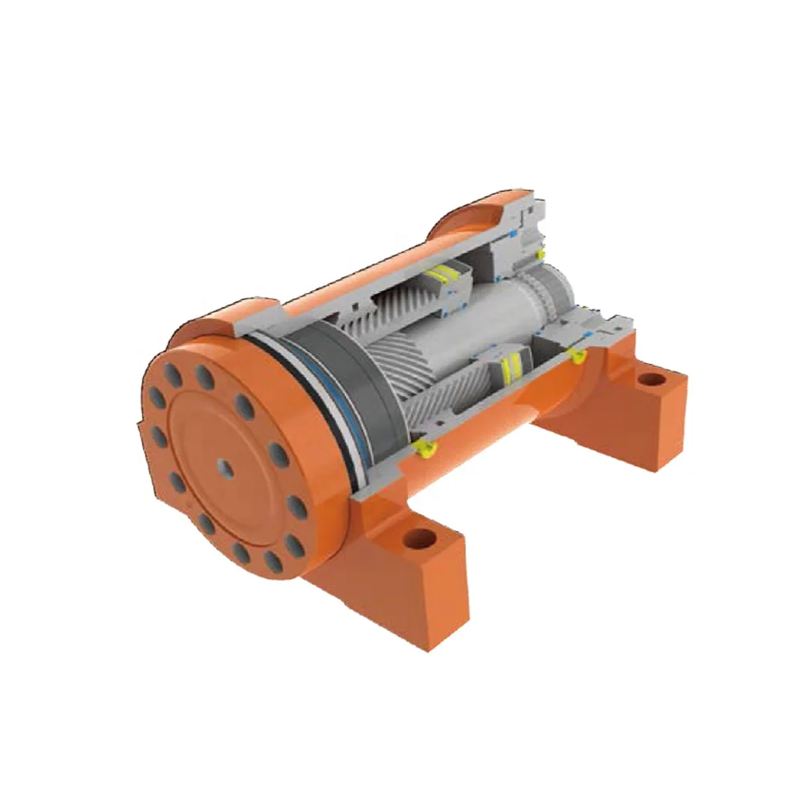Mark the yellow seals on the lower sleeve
click(507, 369)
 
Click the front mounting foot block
click(401, 578)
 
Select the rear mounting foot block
click(642, 410)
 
